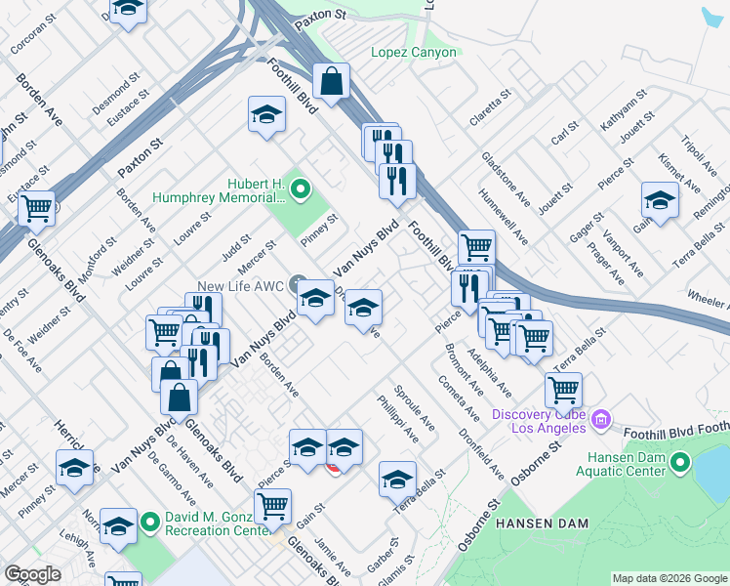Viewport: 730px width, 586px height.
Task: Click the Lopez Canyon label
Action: [413, 52]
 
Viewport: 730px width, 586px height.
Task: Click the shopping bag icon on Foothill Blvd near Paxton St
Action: [332, 81]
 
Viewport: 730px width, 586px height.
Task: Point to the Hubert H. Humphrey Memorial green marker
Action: [301, 189]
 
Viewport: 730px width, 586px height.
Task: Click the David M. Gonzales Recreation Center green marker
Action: [149, 523]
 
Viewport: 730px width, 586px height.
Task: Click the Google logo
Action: [32, 574]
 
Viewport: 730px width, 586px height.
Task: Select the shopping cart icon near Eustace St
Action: [36, 207]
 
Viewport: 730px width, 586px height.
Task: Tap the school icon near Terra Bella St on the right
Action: [660, 200]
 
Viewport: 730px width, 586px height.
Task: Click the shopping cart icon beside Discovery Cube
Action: [563, 390]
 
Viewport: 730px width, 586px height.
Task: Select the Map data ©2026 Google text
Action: [669, 578]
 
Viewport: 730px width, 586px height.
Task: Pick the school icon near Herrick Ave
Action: [74, 468]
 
